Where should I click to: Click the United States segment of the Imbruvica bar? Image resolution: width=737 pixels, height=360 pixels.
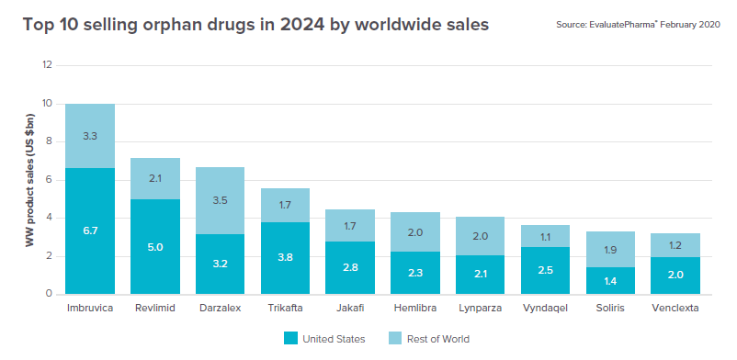(x=90, y=231)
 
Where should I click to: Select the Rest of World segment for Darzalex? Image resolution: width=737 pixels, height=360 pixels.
(x=220, y=201)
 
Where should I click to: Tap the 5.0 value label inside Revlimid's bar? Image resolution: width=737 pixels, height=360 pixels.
(x=154, y=247)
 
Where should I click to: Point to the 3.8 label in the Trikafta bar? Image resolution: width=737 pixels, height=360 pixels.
(x=285, y=257)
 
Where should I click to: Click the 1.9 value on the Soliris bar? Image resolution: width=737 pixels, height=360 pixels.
(x=610, y=250)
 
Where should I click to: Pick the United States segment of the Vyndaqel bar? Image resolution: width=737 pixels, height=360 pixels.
(x=545, y=271)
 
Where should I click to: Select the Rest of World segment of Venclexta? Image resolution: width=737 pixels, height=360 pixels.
(x=675, y=245)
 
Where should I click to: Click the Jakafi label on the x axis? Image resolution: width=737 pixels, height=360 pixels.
(x=350, y=309)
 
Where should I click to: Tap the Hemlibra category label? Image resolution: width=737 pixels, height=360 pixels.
(x=415, y=309)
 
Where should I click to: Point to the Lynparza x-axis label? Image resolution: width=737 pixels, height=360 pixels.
(x=481, y=309)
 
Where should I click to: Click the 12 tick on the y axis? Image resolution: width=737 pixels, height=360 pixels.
(x=47, y=65)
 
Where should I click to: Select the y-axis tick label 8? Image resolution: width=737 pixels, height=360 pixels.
(x=49, y=142)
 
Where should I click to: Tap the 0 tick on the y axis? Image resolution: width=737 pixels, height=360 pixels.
(x=49, y=294)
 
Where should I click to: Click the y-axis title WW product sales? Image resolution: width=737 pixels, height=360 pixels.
(x=29, y=181)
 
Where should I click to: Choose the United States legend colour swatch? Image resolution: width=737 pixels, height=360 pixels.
(x=290, y=338)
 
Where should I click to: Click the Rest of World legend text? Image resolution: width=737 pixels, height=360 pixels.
(x=438, y=339)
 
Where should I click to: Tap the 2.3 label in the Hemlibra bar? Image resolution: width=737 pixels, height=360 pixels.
(x=415, y=272)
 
